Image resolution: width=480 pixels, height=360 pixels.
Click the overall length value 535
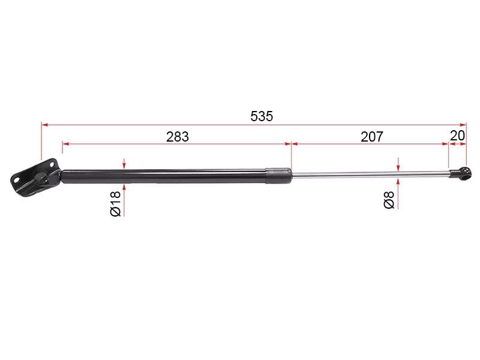click(x=262, y=116)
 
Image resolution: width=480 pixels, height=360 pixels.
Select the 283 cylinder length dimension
click(x=178, y=137)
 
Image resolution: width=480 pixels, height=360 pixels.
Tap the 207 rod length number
click(x=371, y=137)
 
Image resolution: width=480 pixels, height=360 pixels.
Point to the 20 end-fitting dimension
click(x=457, y=136)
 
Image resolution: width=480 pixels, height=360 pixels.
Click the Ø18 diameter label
click(x=116, y=203)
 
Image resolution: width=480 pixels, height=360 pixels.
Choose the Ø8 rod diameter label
click(x=389, y=200)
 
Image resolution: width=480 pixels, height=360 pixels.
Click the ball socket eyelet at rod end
click(x=464, y=174)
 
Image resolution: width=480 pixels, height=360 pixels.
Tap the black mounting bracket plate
click(x=34, y=178)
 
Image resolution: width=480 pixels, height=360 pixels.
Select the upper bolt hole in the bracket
click(x=51, y=164)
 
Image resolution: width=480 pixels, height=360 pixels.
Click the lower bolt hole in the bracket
click(x=17, y=179)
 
